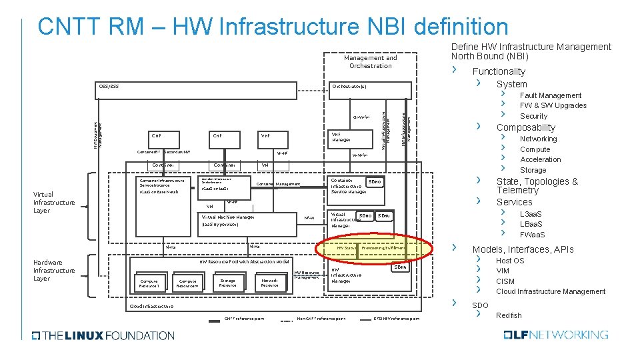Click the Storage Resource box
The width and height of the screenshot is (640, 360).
227,283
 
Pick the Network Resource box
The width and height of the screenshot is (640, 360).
269,283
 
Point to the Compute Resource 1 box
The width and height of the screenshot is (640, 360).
149,283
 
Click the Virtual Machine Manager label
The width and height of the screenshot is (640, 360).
227,217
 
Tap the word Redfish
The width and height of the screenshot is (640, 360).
509,315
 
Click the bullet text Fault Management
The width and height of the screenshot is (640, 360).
551,95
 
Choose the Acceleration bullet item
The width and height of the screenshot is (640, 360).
540,159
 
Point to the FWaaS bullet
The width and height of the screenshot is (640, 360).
533,235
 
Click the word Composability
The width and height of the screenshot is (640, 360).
525,127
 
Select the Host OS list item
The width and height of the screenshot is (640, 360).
510,261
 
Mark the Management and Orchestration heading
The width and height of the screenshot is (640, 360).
370,61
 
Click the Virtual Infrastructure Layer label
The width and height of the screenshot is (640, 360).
55,203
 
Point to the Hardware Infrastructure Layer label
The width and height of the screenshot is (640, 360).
55,270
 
